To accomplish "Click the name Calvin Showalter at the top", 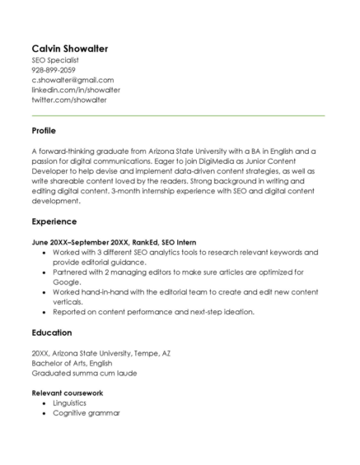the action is point(70,49).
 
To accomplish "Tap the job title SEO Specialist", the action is point(55,60).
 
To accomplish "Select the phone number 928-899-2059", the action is point(54,70).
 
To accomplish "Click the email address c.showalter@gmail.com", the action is point(72,80).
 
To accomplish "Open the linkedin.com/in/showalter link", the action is point(76,90).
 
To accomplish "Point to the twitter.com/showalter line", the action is point(69,100).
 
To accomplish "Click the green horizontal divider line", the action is point(178,115).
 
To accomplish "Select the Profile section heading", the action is point(44,131).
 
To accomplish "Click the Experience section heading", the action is point(54,221).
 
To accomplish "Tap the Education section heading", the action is point(51,332).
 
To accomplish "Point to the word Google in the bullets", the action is point(67,281).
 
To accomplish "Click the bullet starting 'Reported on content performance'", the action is point(153,312).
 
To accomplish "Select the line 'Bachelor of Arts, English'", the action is point(72,363).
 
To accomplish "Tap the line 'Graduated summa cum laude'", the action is point(84,373).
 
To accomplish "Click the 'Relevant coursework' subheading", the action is point(67,393).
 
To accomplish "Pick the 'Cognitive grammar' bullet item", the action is point(86,413).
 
